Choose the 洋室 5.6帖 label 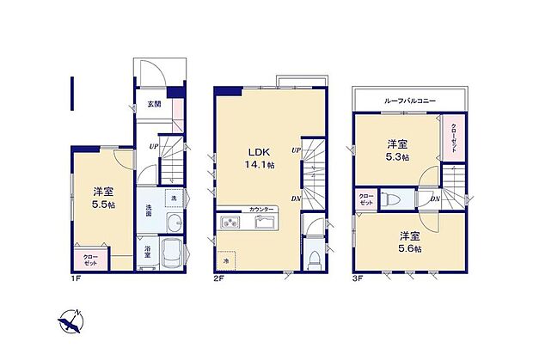coord(409,241)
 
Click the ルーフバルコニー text coord(410,101)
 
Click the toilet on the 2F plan coord(316,257)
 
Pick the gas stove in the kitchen coord(232,224)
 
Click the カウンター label coord(262,210)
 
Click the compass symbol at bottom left coord(70,323)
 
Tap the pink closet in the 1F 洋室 coord(90,259)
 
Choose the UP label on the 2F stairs coord(295,150)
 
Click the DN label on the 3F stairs coord(434,199)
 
